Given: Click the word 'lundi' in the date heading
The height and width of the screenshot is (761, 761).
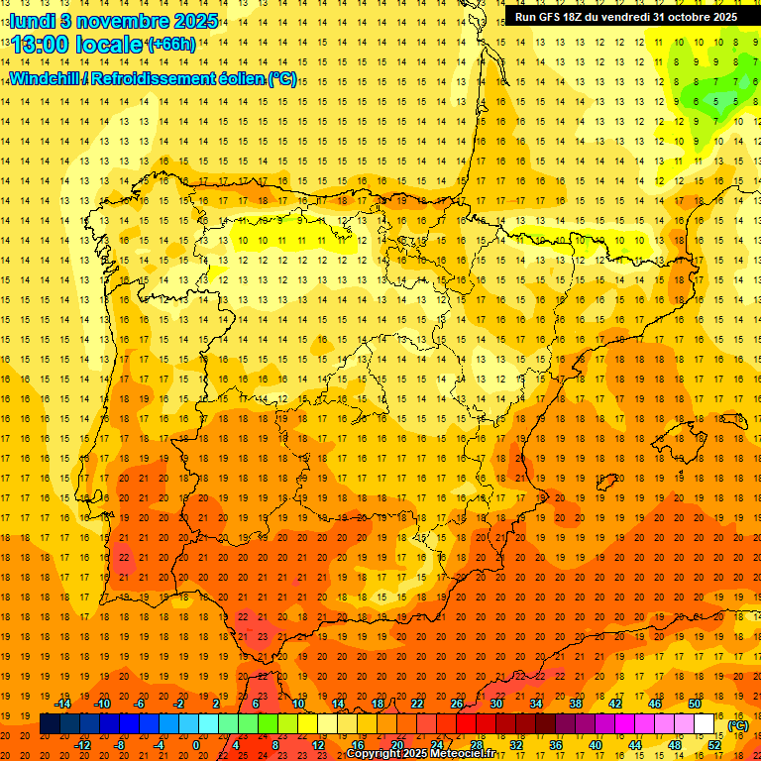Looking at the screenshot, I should [x=32, y=21].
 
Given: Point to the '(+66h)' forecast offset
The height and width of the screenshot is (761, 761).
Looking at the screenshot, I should [x=171, y=45].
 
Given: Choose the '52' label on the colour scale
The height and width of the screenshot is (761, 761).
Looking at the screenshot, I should [x=713, y=744].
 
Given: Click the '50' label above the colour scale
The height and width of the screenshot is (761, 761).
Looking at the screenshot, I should [x=694, y=704].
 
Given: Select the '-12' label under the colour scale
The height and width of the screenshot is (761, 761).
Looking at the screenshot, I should [x=82, y=744].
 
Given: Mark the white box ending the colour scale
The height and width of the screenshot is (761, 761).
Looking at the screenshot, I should [x=704, y=724].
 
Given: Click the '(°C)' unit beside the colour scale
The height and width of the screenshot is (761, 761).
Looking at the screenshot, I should [x=737, y=725].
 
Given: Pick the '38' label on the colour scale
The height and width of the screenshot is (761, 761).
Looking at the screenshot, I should [x=575, y=704].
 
